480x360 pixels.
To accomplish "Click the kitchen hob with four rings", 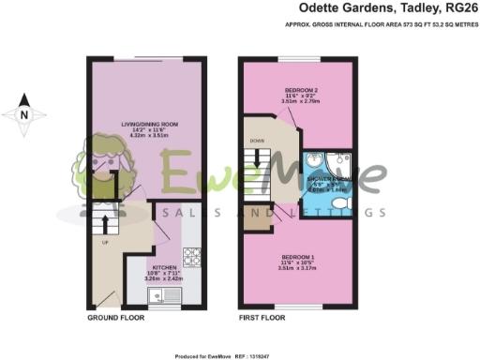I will [x=191, y=255].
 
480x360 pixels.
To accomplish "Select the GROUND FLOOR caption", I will [x=114, y=319].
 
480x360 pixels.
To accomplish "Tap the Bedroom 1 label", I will [x=298, y=256].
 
